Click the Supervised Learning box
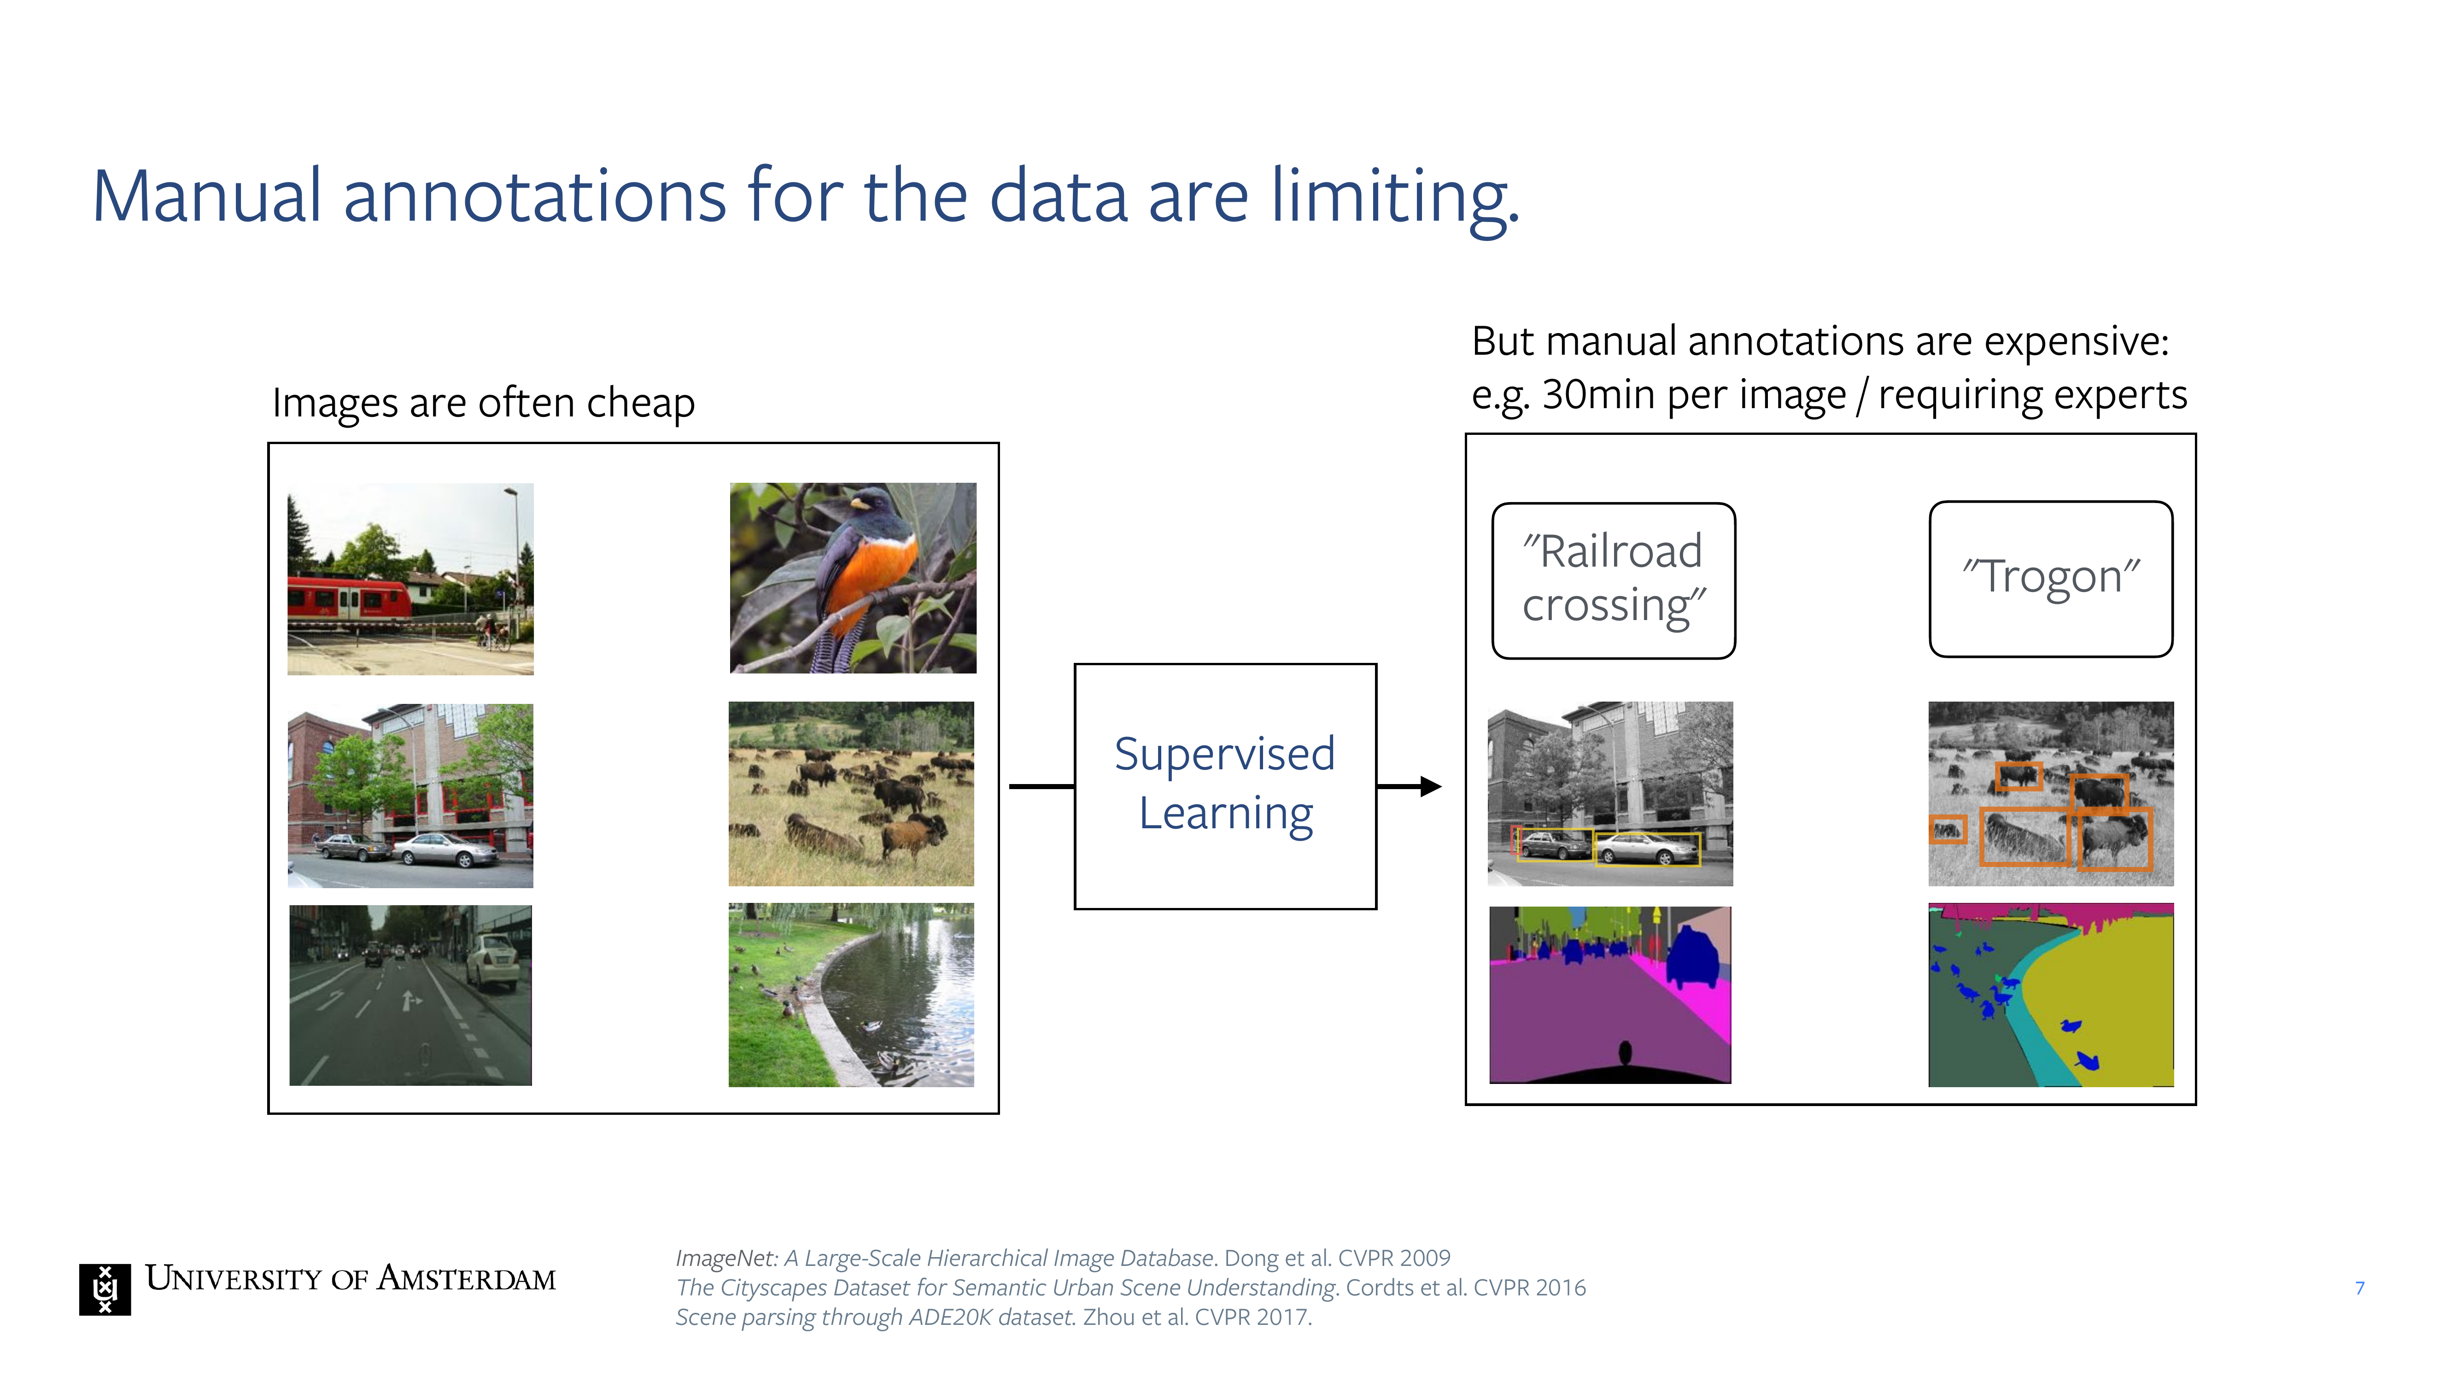click(x=1225, y=786)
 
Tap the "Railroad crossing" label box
click(x=1613, y=580)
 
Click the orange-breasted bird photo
click(x=853, y=578)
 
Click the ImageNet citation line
click(x=1063, y=1258)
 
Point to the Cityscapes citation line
click(x=1130, y=1288)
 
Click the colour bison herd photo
click(x=851, y=794)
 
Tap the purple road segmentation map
click(x=1610, y=995)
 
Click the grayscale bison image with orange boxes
click(x=2051, y=794)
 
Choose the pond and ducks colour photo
click(x=851, y=995)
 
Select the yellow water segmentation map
click(x=2051, y=995)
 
